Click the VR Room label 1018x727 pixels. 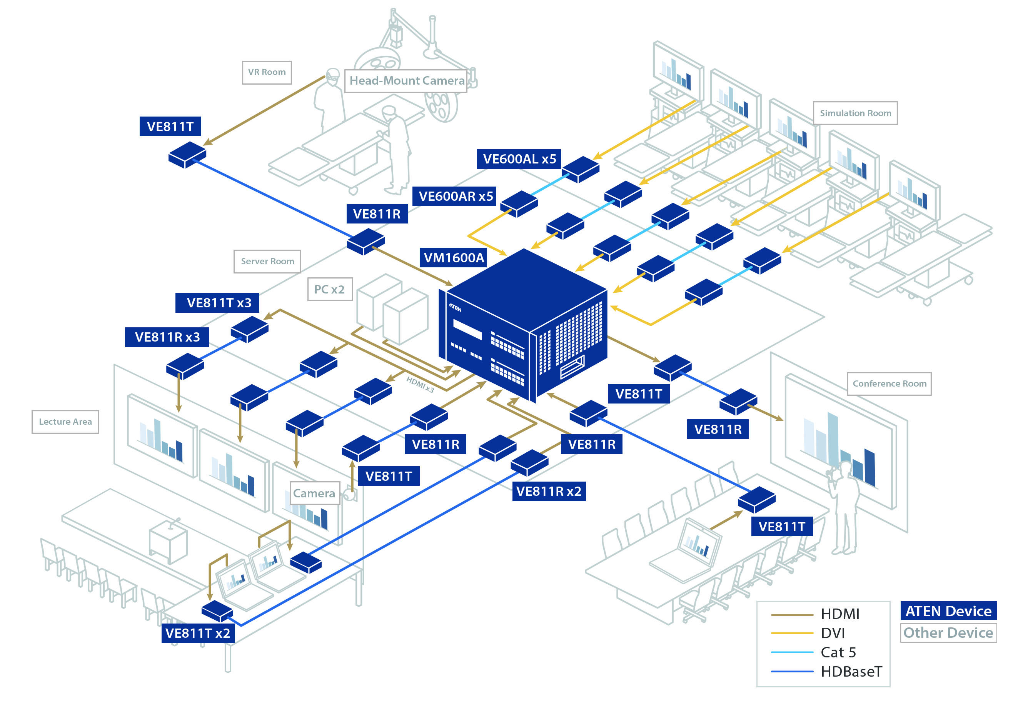pos(267,73)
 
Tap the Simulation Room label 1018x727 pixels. pos(854,113)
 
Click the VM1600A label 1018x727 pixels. pos(453,258)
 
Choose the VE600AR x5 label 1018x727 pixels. pos(454,197)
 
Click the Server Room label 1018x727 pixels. pos(267,262)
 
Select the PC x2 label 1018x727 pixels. pos(329,290)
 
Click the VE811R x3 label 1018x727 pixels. pos(167,337)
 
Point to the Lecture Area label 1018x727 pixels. pos(65,422)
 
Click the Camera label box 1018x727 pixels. pos(314,493)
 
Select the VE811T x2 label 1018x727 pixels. pos(198,633)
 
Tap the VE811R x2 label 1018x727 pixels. pos(548,492)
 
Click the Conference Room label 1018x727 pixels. pos(889,384)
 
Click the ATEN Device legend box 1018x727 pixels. pos(948,611)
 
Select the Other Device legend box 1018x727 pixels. pos(948,632)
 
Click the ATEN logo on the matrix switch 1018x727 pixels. pos(455,308)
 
